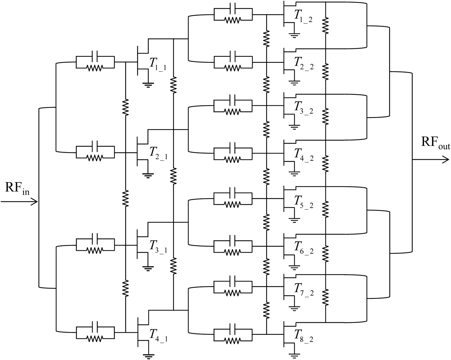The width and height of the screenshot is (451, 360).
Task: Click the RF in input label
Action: click(17, 188)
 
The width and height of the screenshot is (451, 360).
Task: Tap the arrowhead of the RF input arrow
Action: click(35, 202)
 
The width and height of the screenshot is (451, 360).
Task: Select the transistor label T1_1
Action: click(158, 64)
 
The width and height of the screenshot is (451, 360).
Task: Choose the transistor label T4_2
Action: click(303, 155)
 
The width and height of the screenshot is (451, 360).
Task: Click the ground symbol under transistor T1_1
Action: click(148, 85)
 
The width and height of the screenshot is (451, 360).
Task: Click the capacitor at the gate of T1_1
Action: click(95, 56)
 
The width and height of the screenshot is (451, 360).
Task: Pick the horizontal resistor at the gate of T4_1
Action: click(95, 338)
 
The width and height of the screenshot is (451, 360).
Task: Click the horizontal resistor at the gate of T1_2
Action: click(233, 20)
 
